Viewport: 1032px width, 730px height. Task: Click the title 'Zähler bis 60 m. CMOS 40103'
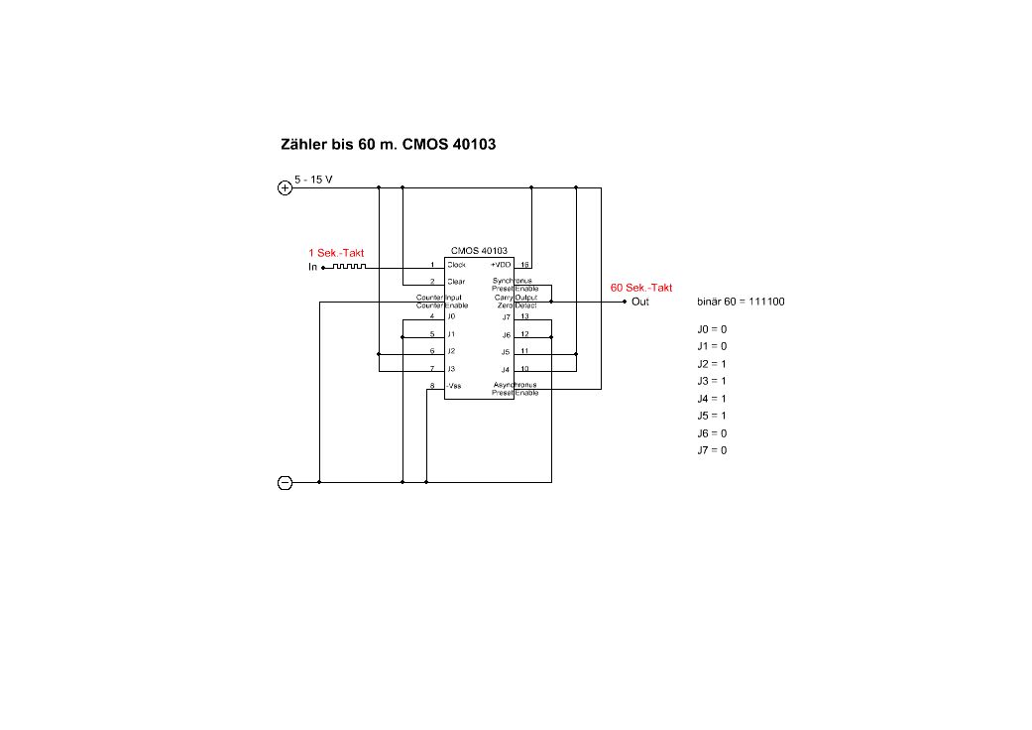[389, 145]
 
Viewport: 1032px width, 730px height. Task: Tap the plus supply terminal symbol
[285, 186]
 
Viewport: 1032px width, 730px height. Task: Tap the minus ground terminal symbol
[285, 483]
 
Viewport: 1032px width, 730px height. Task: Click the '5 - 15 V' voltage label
[313, 180]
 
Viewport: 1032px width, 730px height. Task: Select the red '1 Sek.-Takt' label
[336, 253]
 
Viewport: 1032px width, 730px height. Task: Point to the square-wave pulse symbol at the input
[349, 266]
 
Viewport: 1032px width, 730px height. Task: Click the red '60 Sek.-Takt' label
[641, 288]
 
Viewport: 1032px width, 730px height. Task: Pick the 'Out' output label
[640, 302]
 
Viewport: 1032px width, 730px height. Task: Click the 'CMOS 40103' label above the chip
[479, 251]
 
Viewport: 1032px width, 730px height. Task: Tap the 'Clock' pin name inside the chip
[456, 265]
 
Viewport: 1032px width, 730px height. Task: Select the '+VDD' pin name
[500, 265]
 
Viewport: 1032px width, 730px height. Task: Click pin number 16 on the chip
[524, 265]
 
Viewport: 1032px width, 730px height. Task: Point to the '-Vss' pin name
[454, 385]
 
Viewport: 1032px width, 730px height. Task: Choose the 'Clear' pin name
[456, 282]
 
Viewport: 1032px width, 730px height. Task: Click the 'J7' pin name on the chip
[506, 316]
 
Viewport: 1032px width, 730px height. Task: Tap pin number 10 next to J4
[524, 368]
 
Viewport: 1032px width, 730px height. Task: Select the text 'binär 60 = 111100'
[741, 302]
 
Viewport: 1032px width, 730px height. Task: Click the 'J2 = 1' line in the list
[712, 364]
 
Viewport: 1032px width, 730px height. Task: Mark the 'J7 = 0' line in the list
[712, 450]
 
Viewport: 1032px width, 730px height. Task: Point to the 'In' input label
[312, 267]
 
